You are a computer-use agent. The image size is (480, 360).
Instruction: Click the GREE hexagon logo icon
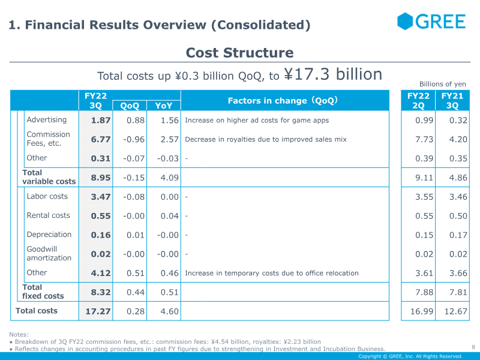[405, 21]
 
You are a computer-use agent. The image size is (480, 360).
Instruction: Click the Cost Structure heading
[239, 53]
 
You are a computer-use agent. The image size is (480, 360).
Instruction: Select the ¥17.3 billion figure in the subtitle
[333, 74]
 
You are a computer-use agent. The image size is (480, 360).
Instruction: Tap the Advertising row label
[47, 119]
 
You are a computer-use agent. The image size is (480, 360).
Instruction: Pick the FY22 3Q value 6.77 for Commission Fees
[101, 139]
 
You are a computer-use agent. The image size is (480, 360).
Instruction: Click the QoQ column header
[130, 106]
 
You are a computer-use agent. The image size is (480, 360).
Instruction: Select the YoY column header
[163, 106]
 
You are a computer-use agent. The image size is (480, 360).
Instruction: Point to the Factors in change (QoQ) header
[283, 100]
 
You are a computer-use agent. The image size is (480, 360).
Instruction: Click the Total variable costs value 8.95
[101, 178]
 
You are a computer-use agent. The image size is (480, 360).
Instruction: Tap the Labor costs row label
[47, 196]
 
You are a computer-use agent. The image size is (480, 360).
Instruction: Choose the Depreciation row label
[49, 235]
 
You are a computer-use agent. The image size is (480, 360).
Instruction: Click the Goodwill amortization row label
[49, 253]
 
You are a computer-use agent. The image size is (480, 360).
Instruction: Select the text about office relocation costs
[272, 273]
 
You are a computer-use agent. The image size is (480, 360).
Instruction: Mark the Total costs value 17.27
[98, 311]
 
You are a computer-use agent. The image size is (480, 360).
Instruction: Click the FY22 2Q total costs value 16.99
[422, 311]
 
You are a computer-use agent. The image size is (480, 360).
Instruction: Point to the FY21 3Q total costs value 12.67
[456, 311]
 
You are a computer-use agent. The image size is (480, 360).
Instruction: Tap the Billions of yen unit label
[443, 84]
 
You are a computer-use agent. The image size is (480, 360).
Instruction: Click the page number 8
[473, 347]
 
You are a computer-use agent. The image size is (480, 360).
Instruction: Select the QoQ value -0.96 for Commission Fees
[134, 139]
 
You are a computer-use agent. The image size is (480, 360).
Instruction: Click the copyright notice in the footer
[410, 356]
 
